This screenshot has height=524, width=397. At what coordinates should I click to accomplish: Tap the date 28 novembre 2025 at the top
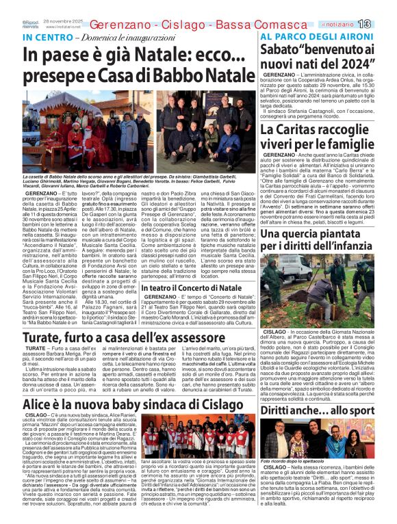(x=62, y=21)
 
